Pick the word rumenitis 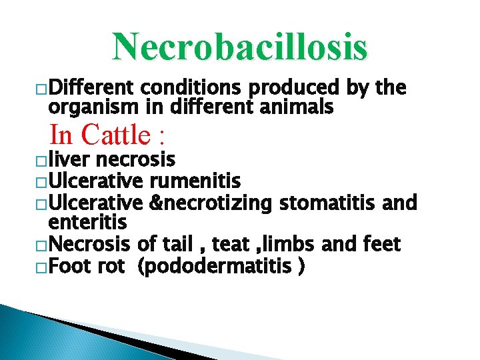click(x=195, y=180)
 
